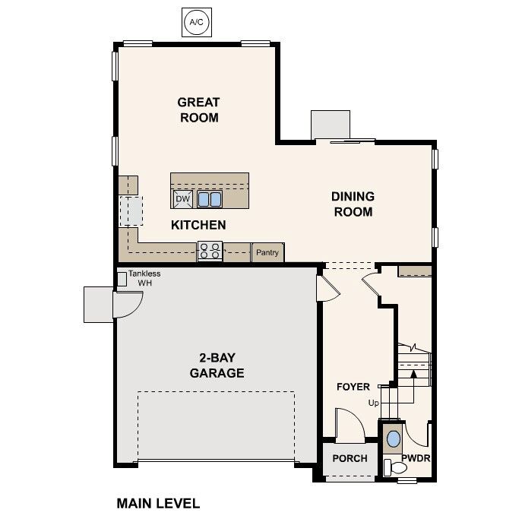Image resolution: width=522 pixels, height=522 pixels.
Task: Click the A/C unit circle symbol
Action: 196,23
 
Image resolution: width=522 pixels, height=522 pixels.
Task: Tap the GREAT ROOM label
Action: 198,110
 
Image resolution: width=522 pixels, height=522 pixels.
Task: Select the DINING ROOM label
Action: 353,204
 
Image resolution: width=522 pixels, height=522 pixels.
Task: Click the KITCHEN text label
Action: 198,225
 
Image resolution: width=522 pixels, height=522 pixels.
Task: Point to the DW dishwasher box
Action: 182,199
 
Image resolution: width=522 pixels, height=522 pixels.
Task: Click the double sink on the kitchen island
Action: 210,199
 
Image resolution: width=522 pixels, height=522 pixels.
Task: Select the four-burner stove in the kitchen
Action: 210,252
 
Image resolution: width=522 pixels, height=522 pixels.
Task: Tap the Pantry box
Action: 267,253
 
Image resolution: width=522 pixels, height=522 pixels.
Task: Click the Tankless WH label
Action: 144,278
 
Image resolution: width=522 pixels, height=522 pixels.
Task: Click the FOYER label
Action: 353,387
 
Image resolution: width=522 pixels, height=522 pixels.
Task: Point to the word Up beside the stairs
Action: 373,403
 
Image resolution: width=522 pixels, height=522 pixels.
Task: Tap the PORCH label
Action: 350,458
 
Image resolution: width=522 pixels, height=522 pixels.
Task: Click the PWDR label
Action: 416,458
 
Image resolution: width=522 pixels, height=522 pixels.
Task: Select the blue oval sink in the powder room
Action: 393,439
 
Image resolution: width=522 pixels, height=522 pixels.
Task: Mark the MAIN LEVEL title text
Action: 158,503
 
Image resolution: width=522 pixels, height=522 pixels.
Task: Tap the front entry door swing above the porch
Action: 350,426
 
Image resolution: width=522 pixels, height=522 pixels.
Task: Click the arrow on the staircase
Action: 413,372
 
